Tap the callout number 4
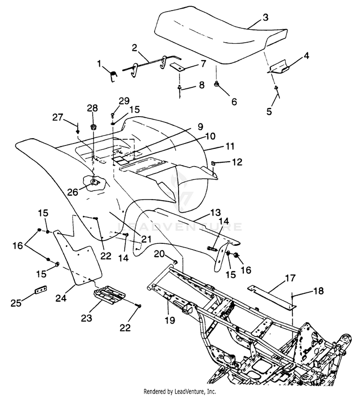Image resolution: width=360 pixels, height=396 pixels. pos(306,56)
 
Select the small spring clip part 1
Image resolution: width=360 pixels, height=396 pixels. pos(113,75)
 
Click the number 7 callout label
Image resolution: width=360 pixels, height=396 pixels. pos(204,63)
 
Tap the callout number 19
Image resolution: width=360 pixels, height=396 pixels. pos(170,320)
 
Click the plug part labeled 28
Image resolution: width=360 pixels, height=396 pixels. pos(94,127)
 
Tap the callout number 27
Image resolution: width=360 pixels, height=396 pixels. pos(57,118)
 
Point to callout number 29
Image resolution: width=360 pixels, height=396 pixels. pos(124,101)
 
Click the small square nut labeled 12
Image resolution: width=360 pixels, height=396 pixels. pos(213,163)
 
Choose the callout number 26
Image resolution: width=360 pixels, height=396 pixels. pos(72,192)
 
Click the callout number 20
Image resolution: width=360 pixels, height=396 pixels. pos(159,254)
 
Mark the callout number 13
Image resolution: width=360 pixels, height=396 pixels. pos(215,212)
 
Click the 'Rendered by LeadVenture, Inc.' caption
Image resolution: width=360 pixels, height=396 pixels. pos(180,392)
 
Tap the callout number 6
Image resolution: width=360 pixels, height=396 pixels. pos(234,102)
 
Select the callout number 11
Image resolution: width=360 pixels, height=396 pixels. pos(229,146)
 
